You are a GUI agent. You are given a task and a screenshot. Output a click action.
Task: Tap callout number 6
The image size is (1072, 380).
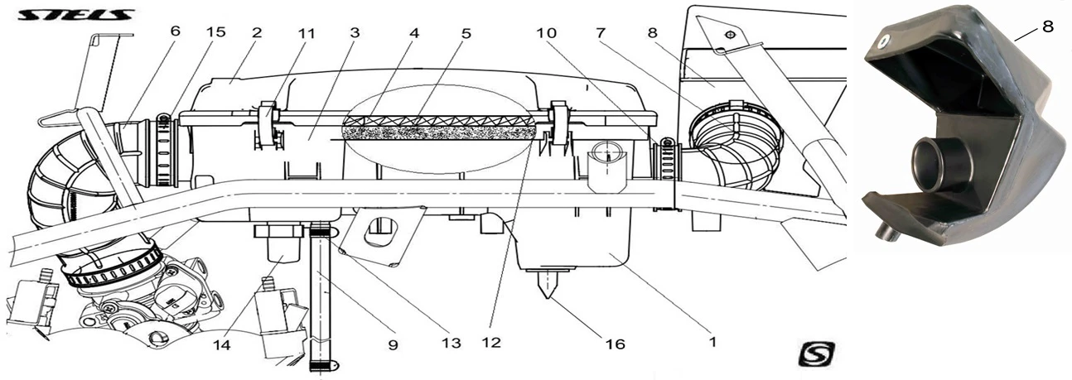174,32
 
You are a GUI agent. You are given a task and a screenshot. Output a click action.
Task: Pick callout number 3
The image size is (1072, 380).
355,32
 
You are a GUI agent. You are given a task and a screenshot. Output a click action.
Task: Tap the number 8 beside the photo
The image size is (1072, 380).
1047,26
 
